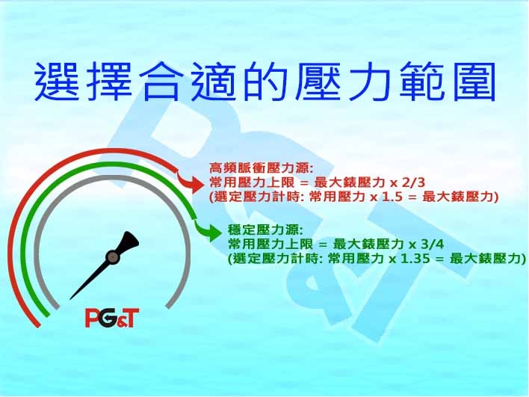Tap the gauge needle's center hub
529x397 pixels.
pyautogui.click(x=112, y=257)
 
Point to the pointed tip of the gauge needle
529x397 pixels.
pyautogui.click(x=69, y=299)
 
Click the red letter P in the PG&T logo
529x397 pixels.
pyautogui.click(x=93, y=318)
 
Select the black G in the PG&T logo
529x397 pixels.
pyautogui.click(x=108, y=318)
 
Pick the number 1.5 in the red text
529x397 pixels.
pyautogui.click(x=393, y=197)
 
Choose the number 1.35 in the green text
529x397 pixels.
pyautogui.click(x=415, y=259)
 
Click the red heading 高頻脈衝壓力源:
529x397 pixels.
pyautogui.click(x=262, y=168)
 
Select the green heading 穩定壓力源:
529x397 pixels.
pyautogui.click(x=265, y=230)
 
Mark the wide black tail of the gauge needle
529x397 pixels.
pyautogui.click(x=129, y=241)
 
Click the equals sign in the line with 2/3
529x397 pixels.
pyautogui.click(x=304, y=183)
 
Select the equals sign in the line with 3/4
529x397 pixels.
pyautogui.click(x=323, y=244)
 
